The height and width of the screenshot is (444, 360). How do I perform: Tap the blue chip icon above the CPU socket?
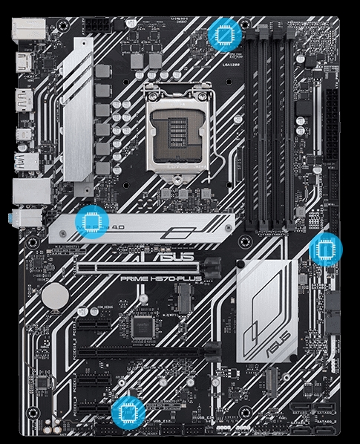pos(222,34)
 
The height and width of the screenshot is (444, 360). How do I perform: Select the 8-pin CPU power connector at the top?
pos(97,25)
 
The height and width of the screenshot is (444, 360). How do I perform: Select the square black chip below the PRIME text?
pos(140,327)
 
